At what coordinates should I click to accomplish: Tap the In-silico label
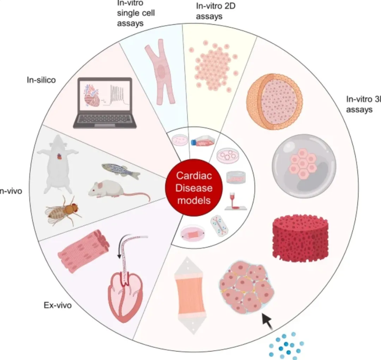(41, 80)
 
